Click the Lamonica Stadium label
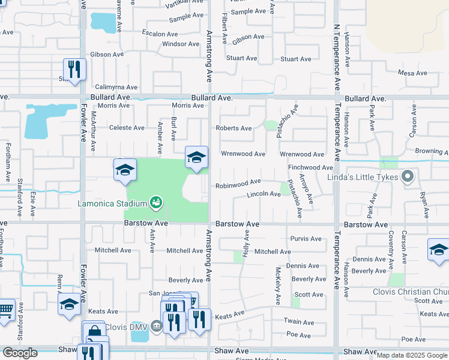pos(112,203)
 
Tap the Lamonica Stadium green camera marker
pos(156,203)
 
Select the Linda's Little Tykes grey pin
pos(408,177)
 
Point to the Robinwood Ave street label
pos(238,182)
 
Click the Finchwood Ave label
pos(310,167)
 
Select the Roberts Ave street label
pos(234,128)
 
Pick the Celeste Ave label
pos(127,128)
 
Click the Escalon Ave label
pos(160,34)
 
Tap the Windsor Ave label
pos(180,44)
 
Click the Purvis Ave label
pos(306,238)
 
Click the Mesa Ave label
pos(412,73)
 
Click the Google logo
pos(20,353)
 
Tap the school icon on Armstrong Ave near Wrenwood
pos(196,157)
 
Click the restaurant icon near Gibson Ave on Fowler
pos(74,70)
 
